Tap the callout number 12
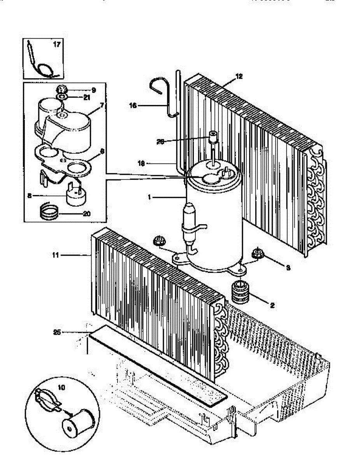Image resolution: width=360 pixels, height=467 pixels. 239,77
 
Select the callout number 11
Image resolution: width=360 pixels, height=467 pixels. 56,255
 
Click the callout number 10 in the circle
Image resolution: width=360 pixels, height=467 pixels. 62,387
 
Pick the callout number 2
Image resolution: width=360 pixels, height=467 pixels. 272,306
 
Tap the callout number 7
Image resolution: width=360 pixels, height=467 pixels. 102,105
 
